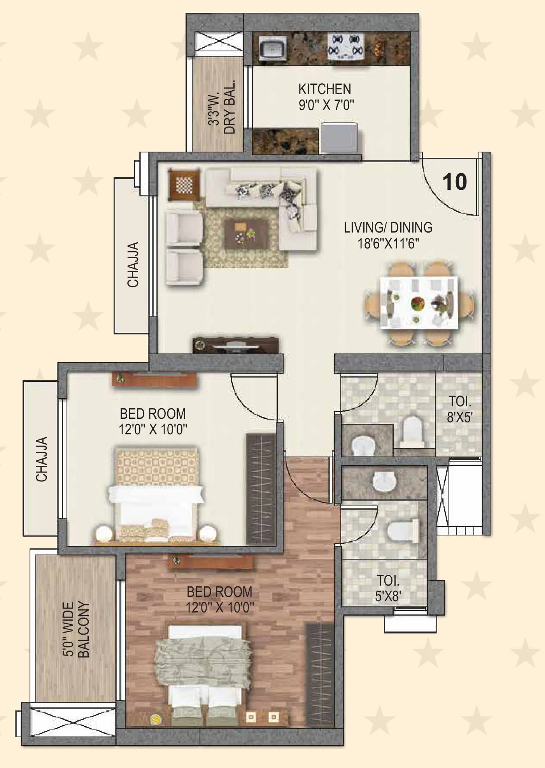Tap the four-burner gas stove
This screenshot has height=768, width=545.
tap(346, 46)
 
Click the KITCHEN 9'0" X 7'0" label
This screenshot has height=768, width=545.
tap(325, 97)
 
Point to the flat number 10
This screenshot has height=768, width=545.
tap(454, 182)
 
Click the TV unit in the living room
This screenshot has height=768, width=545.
tap(236, 345)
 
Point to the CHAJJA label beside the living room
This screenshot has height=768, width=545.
tap(133, 264)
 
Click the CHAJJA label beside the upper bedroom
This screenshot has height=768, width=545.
tap(42, 459)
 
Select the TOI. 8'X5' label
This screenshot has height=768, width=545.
tap(459, 409)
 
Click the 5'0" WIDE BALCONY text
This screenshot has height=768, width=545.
tap(76, 630)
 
